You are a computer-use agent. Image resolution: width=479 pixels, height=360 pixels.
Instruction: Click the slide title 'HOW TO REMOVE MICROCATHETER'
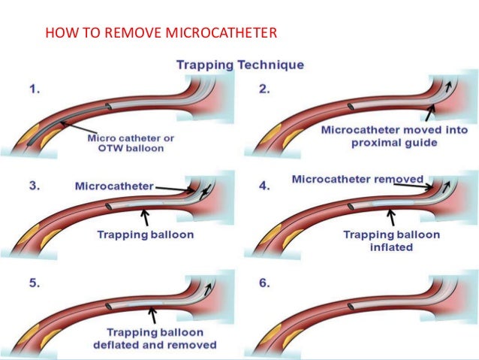point(161,33)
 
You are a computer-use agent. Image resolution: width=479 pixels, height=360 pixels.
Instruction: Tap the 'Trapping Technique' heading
point(239,65)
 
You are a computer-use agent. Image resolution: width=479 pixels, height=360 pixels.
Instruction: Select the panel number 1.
point(35,89)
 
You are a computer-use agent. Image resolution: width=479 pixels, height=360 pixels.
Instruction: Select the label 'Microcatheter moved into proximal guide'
point(379,136)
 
